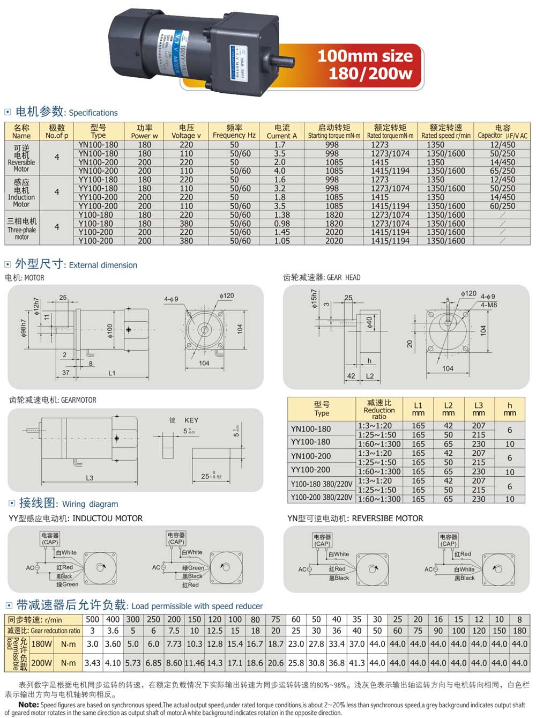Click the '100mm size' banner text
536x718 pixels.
pyautogui.click(x=365, y=56)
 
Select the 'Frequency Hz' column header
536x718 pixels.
pyautogui.click(x=234, y=132)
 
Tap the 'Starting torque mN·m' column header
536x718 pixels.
pyautogui.click(x=334, y=132)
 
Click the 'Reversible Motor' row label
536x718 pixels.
pyautogui.click(x=21, y=158)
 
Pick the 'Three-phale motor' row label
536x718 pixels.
pyautogui.click(x=22, y=228)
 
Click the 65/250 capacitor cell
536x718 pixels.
pyautogui.click(x=502, y=171)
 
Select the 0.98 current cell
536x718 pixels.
pyautogui.click(x=282, y=224)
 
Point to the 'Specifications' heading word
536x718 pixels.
pyautogui.click(x=93, y=113)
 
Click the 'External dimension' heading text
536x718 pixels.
pyautogui.click(x=103, y=265)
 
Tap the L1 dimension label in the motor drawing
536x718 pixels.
pyautogui.click(x=111, y=373)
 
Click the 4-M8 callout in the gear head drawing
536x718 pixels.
pyautogui.click(x=489, y=305)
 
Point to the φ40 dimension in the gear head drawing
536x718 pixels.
pyautogui.click(x=369, y=322)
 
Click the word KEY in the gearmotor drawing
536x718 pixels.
pyautogui.click(x=191, y=420)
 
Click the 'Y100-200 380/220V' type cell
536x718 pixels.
pyautogui.click(x=322, y=497)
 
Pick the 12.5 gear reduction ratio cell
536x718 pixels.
pyautogui.click(x=214, y=631)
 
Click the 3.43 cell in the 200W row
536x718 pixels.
pyautogui.click(x=92, y=663)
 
